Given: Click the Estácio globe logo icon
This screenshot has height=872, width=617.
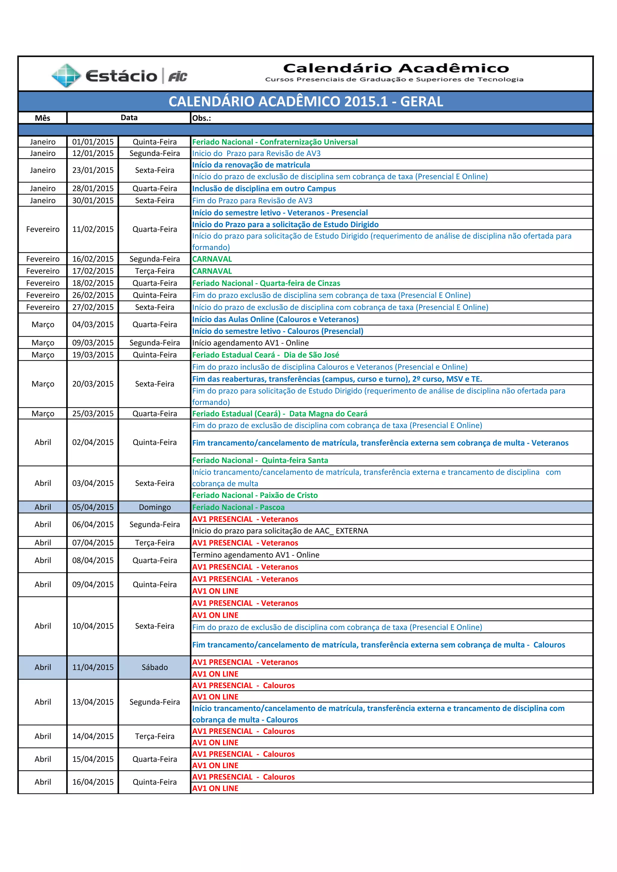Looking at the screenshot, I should pos(66,76).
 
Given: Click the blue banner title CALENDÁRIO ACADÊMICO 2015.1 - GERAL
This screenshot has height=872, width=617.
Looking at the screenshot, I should pos(306,102).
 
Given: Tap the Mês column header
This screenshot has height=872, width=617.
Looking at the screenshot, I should pos(42,118).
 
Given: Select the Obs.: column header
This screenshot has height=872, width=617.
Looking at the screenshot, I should pos(202,118).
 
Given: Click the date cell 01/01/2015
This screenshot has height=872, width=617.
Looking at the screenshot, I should pos(93,142).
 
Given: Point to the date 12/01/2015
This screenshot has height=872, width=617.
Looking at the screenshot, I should pos(93,154).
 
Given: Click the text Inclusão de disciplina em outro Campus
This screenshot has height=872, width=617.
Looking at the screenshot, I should pos(264,189).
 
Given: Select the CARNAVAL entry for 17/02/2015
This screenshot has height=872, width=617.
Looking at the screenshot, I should pos(212,271).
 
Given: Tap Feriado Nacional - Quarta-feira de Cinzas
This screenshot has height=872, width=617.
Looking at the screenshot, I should pos(266,283).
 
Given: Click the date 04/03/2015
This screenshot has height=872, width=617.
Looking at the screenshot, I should pos(93,325).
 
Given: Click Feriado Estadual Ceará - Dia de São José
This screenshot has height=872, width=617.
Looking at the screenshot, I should pos(265,355).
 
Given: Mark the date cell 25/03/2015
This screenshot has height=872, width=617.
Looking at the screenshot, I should pos(93,414).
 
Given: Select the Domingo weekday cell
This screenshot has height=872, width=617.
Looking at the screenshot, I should pos(155,507).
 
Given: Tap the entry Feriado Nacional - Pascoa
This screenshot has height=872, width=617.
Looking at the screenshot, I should pos(238,507).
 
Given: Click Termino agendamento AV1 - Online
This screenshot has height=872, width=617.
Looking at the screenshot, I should pos(255,555).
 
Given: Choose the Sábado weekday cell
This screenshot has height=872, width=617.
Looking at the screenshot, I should pos(155,667).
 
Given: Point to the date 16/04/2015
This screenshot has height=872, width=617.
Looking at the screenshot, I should pos(93,782).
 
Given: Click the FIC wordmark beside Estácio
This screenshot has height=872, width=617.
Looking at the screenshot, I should pos(177,77).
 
